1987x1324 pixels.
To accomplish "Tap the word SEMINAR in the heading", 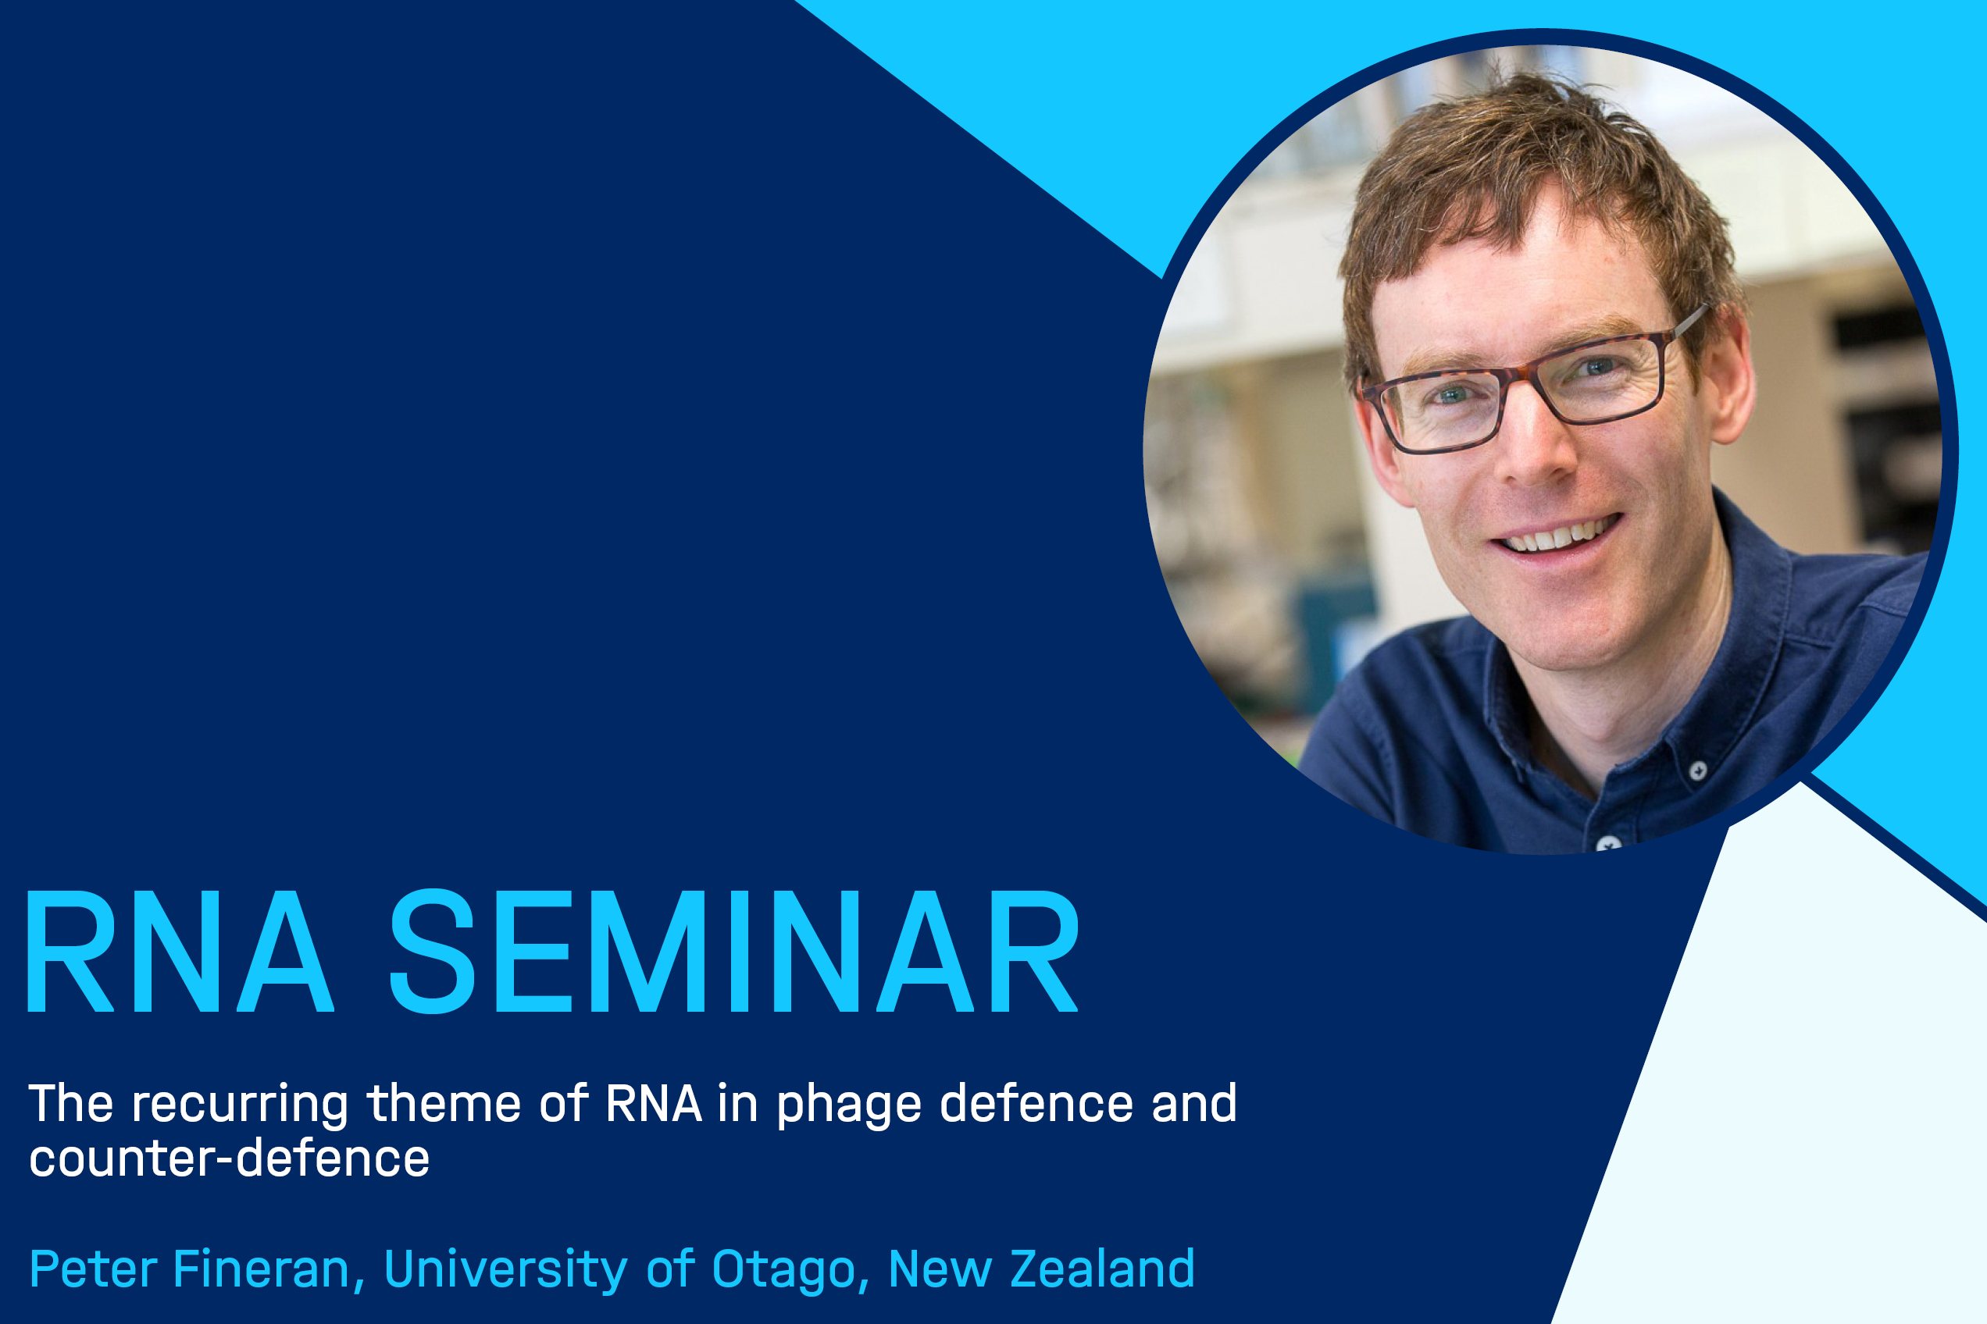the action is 734,951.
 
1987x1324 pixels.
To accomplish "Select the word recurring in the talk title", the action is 239,1105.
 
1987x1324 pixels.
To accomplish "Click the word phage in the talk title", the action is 848,1105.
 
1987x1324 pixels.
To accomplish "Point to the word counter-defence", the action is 229,1158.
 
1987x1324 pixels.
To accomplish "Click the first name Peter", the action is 93,1269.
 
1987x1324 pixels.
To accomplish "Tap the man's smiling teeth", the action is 1560,535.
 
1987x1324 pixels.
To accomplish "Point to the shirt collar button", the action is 1698,770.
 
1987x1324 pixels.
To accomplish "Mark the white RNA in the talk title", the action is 653,1103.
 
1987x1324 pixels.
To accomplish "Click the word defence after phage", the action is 1036,1103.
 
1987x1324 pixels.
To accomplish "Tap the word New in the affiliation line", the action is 940,1269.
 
